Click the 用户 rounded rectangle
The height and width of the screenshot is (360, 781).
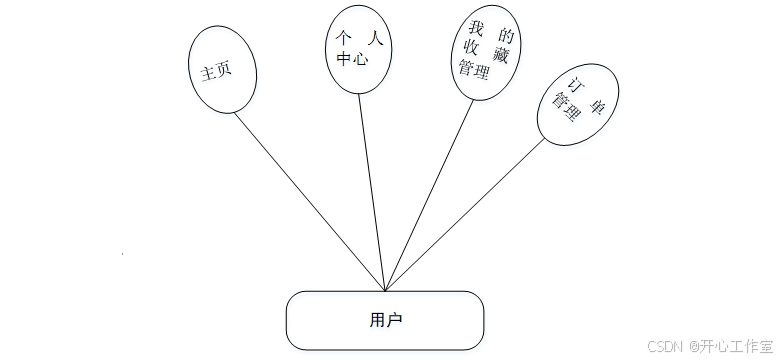click(385, 320)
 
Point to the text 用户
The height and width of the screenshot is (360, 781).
click(385, 320)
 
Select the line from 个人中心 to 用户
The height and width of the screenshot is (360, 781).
click(371, 190)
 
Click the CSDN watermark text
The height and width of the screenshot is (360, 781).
click(664, 346)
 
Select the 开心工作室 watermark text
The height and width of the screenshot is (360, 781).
click(732, 346)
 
